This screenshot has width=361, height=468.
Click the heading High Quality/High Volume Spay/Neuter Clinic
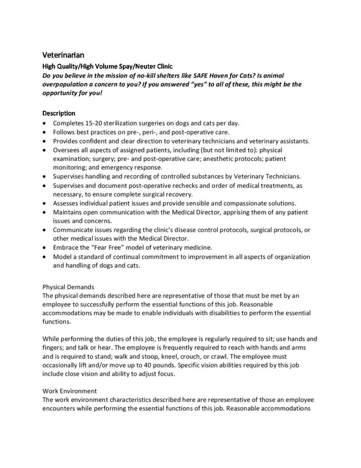point(107,66)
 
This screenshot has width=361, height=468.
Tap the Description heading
point(59,113)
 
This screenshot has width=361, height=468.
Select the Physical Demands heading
point(68,287)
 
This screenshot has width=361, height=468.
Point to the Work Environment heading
point(70,391)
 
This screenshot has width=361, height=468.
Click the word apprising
point(246,212)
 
